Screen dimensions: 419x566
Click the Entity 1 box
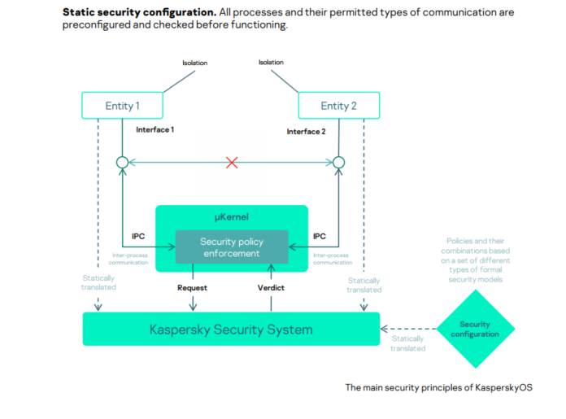[x=123, y=105]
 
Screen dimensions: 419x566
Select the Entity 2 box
[x=338, y=105]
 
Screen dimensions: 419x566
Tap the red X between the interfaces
[x=232, y=163]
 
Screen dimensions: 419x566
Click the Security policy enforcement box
[x=232, y=247]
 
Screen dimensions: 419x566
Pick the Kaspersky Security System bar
[x=231, y=330]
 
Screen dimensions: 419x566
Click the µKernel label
[x=232, y=216]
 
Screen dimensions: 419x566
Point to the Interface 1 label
[x=155, y=129]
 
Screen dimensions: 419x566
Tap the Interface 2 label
[x=307, y=131]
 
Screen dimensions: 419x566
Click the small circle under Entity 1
[x=123, y=163]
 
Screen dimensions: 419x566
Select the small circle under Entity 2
[x=338, y=163]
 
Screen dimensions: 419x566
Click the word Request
[x=193, y=288]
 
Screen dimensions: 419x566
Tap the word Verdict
[x=272, y=288]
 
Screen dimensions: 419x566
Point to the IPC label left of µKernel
[x=139, y=236]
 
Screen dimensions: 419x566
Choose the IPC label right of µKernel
[x=320, y=236]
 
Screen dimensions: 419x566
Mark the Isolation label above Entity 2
[x=272, y=62]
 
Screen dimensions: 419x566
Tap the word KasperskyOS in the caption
[x=503, y=387]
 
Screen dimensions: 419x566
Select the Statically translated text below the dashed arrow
[x=407, y=343]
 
